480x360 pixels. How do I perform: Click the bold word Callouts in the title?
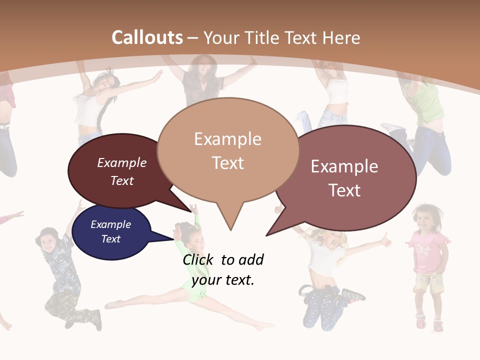click(x=147, y=37)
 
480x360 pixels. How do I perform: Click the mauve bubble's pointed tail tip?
click(x=266, y=235)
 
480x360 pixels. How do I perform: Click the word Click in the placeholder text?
click(x=198, y=259)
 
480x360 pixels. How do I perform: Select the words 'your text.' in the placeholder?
click(x=223, y=280)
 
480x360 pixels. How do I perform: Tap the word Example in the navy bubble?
click(x=110, y=224)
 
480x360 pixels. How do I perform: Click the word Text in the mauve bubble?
click(x=344, y=190)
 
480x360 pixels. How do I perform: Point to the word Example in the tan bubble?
click(x=227, y=139)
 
